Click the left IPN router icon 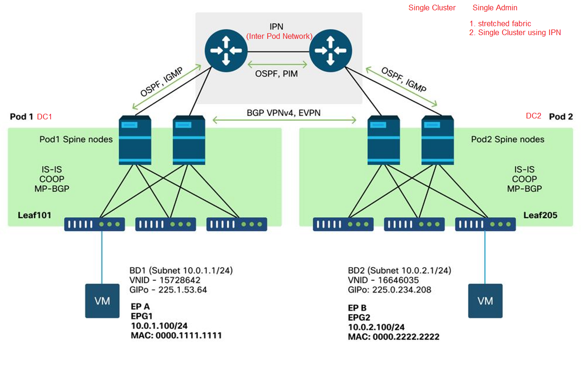coord(226,51)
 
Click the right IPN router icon coord(330,51)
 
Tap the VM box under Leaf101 coord(102,301)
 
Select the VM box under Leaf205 coord(485,301)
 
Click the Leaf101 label coord(35,215)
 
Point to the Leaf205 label coord(540,215)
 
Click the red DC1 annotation coord(44,117)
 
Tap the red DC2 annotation coord(533,116)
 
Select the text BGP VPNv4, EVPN coord(284,113)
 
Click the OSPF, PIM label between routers coord(277,74)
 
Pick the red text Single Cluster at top coord(432,8)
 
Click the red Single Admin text coord(495,8)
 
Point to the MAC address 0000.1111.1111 coord(189,335)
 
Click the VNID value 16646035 coord(398,280)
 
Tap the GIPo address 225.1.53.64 coord(182,290)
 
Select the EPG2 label coord(359,317)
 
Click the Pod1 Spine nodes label coord(76,139)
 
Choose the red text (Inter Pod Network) coord(279,36)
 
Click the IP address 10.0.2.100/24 coord(376,327)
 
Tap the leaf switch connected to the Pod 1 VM coord(95,224)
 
